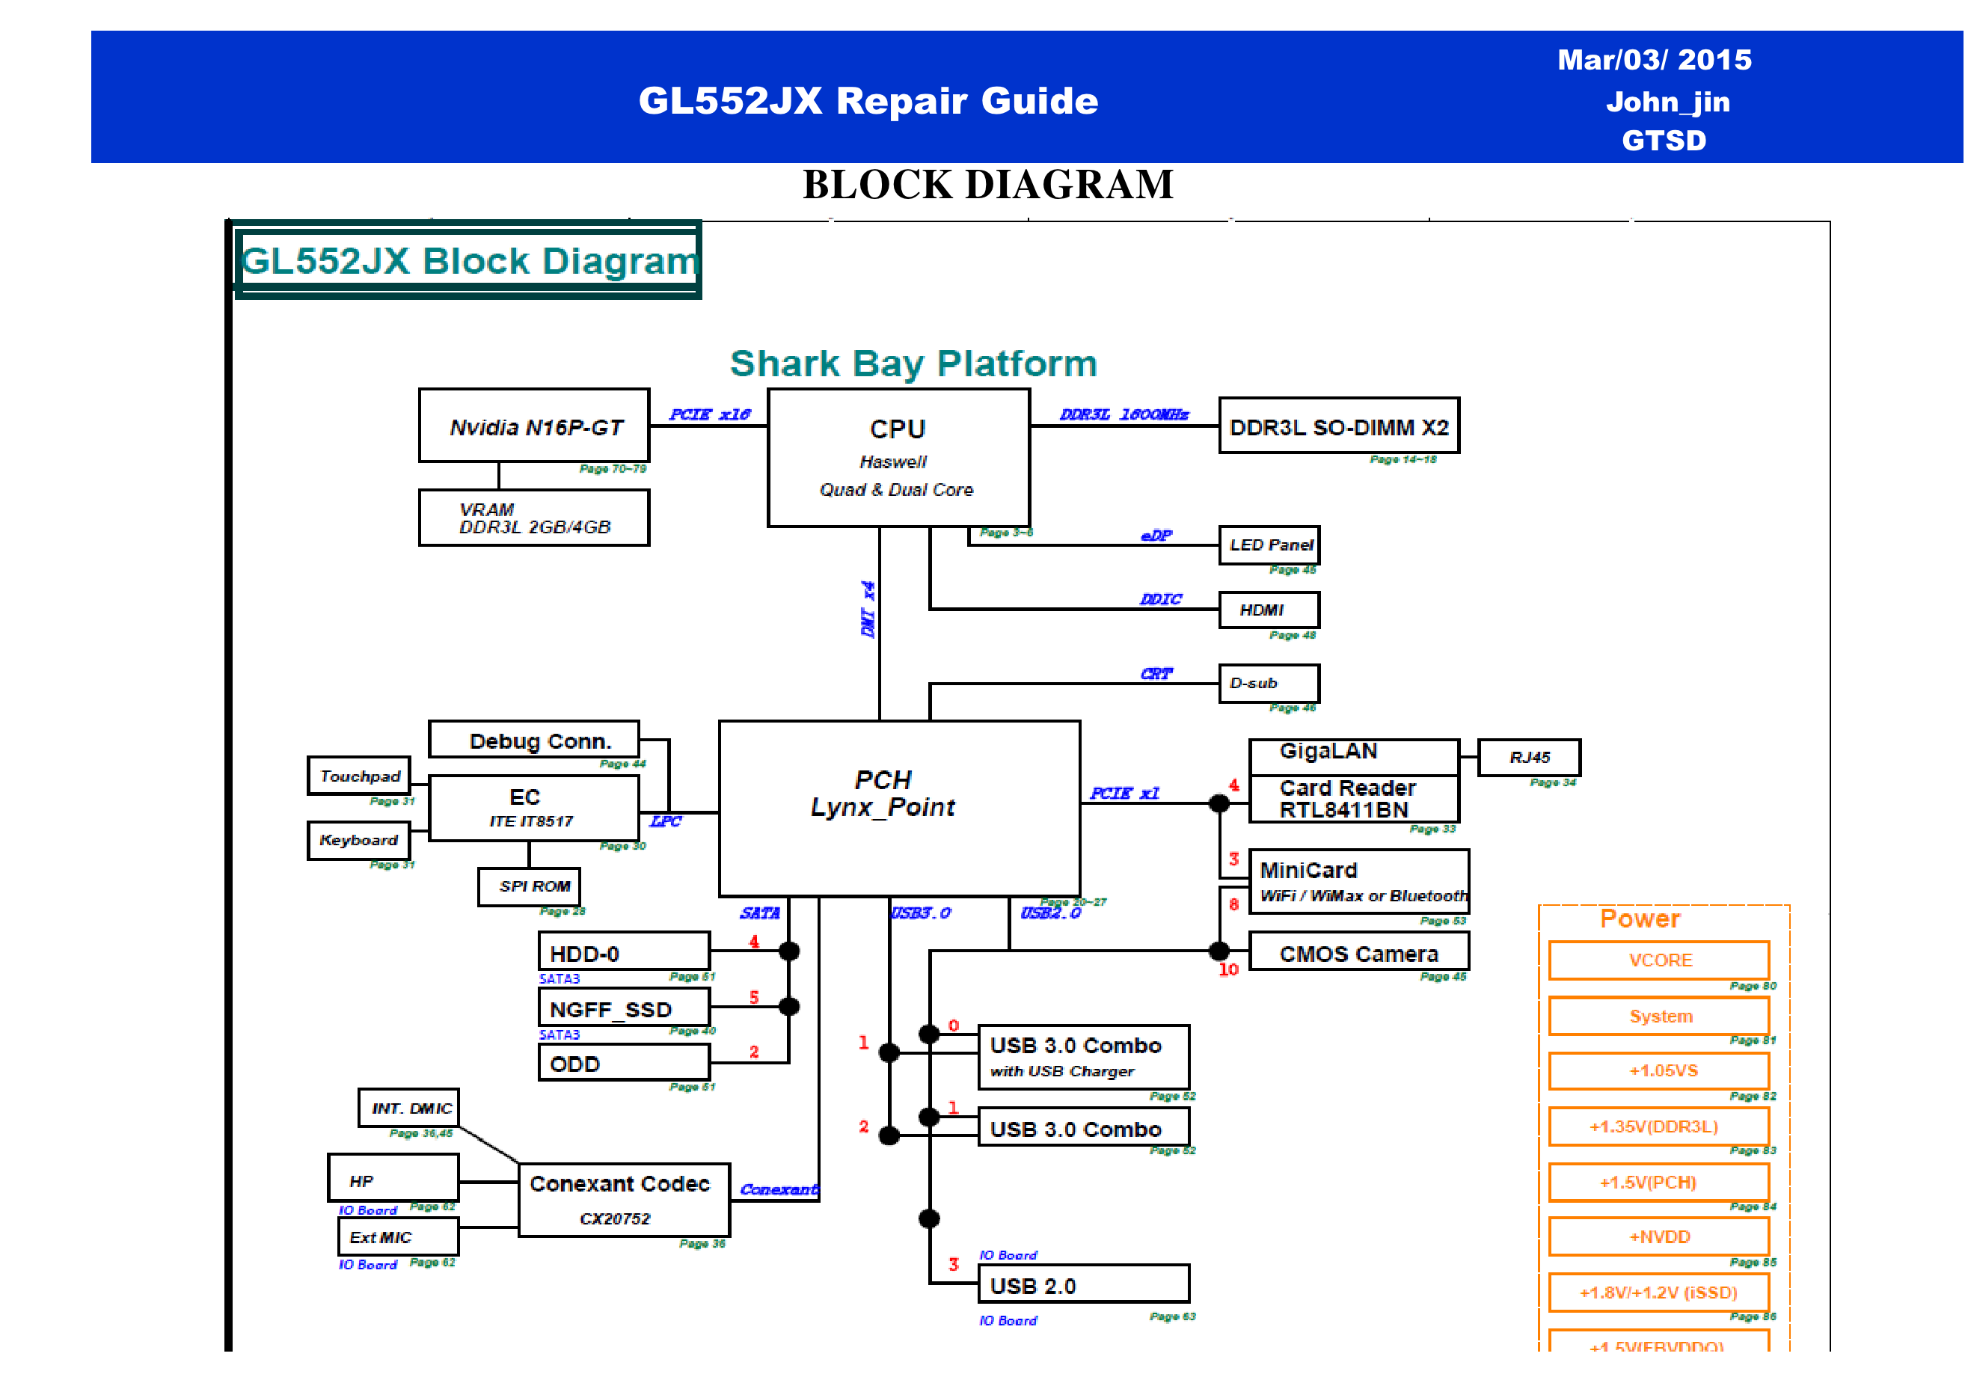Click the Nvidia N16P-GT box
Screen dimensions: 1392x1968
point(534,426)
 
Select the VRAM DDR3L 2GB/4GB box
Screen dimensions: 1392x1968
point(534,518)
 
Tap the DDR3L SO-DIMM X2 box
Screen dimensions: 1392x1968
point(1339,426)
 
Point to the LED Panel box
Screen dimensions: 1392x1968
point(1269,545)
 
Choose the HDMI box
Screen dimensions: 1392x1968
point(1269,610)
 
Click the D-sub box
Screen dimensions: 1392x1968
point(1269,683)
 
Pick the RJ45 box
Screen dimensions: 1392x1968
point(1529,758)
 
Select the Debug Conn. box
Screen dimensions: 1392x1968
point(534,740)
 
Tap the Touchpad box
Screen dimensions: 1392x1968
point(359,776)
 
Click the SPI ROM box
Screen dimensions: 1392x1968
point(530,886)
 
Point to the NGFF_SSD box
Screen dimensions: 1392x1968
point(624,1008)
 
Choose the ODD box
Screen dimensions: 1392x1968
point(624,1064)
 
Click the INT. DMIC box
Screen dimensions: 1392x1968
point(410,1109)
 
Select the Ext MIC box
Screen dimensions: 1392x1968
point(399,1237)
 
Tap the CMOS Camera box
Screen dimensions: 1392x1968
point(1359,952)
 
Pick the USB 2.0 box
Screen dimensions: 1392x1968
point(1083,1285)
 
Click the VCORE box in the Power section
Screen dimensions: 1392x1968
point(1659,960)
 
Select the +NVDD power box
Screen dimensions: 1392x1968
point(1659,1237)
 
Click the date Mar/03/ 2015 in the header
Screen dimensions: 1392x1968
point(1655,60)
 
